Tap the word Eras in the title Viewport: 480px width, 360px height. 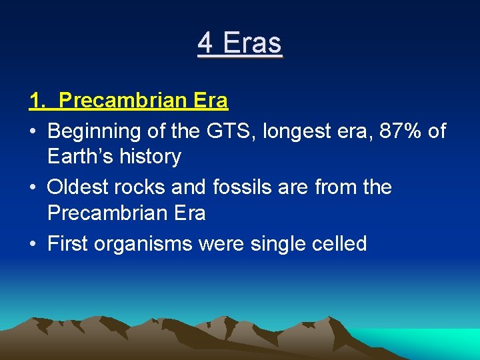click(x=253, y=43)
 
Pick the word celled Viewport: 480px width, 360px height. click(x=341, y=243)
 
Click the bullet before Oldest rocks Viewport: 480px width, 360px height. click(x=33, y=188)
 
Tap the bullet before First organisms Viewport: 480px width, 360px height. click(x=33, y=244)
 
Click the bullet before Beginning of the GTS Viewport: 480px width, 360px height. click(x=33, y=132)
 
